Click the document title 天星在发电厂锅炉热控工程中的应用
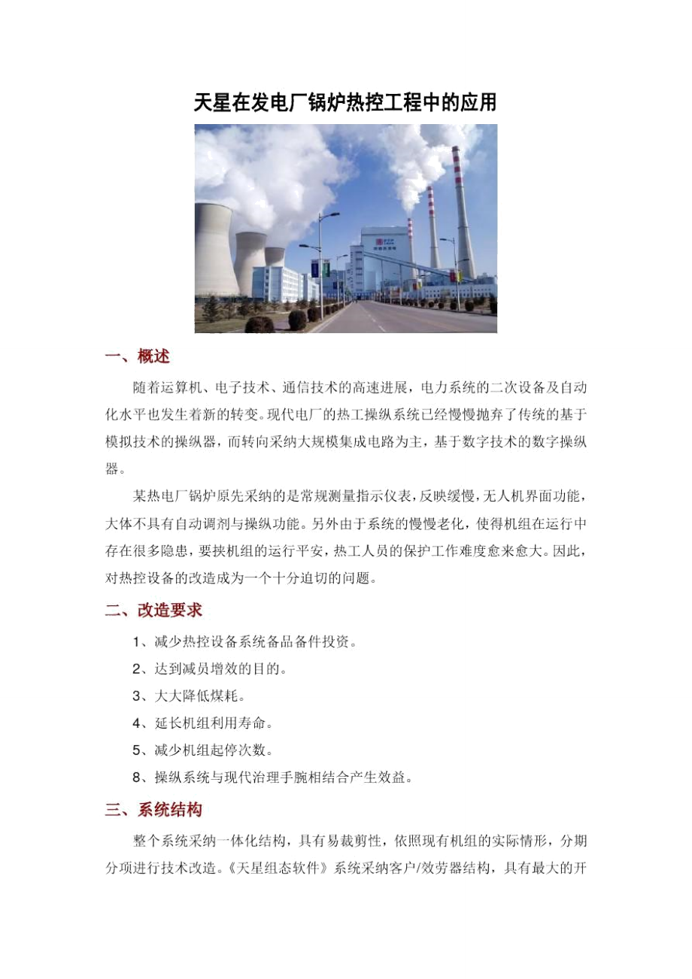point(345,103)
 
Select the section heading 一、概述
point(142,356)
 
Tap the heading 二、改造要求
point(153,610)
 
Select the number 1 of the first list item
point(136,642)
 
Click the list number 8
point(136,777)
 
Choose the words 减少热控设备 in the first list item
point(187,642)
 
